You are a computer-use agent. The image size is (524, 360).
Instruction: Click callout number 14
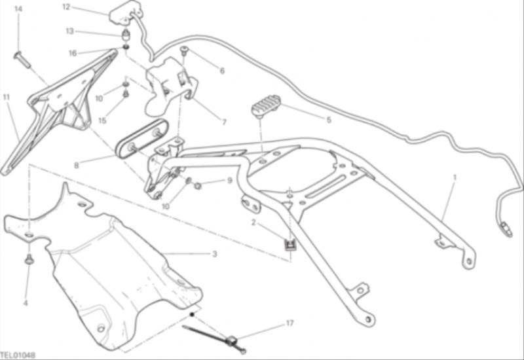(x=18, y=9)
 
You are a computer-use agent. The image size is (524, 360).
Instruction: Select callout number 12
(x=67, y=7)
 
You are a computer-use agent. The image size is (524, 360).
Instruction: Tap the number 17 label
(x=290, y=323)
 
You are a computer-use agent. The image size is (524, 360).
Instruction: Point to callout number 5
(x=329, y=120)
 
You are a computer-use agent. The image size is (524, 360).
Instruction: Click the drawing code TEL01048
(x=18, y=355)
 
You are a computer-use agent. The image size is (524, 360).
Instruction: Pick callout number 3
(x=215, y=254)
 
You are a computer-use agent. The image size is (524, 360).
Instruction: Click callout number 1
(x=454, y=178)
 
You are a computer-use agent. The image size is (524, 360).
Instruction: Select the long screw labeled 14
(x=22, y=60)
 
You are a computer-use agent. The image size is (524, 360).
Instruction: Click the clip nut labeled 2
(x=289, y=245)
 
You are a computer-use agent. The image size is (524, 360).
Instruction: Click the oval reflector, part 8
(x=141, y=138)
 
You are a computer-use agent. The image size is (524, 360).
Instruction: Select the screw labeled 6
(x=185, y=50)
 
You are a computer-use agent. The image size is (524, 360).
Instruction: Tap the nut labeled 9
(x=197, y=185)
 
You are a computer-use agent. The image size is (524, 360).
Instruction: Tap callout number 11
(x=7, y=98)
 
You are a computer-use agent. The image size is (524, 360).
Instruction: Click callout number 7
(x=224, y=122)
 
